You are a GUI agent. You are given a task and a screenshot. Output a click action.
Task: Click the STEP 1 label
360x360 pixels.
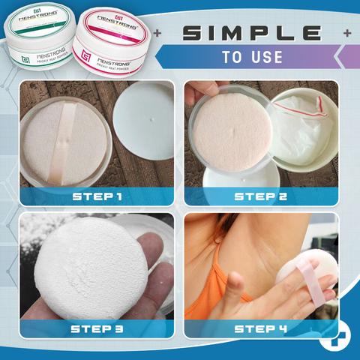(x=97, y=196)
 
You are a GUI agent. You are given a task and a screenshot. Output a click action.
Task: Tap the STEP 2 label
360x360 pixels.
(x=261, y=196)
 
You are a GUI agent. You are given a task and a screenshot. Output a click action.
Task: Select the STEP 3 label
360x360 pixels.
(x=97, y=328)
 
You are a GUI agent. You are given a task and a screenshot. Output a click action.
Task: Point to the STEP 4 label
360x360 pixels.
(x=261, y=328)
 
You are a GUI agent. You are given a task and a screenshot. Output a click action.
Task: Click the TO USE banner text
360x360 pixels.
(x=251, y=57)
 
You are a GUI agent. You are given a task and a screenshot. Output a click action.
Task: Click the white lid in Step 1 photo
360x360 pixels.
(x=147, y=121)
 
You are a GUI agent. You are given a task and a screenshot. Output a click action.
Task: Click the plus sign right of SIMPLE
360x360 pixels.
(x=346, y=34)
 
